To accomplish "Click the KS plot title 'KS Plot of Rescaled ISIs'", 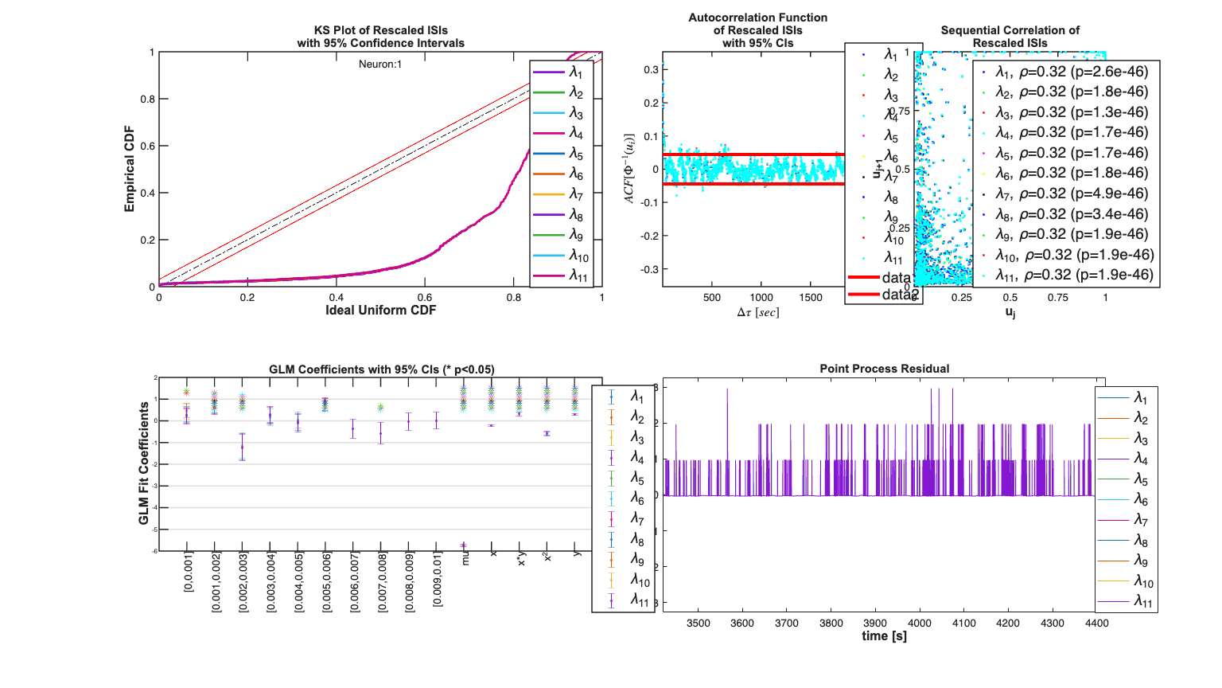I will [380, 30].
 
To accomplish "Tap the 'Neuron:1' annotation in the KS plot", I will [380, 64].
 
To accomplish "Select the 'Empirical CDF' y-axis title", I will [129, 169].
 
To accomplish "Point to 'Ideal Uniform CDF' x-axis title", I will [380, 310].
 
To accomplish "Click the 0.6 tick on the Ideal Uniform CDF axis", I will [425, 298].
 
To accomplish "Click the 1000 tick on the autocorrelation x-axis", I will [761, 298].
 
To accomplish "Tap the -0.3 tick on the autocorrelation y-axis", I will [650, 269].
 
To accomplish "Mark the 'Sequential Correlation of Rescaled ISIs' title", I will [1010, 37].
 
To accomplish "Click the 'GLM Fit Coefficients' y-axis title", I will [144, 463].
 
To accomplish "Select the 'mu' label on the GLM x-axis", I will [465, 558].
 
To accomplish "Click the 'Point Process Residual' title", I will [884, 369].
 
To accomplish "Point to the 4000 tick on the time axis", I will [920, 623].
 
